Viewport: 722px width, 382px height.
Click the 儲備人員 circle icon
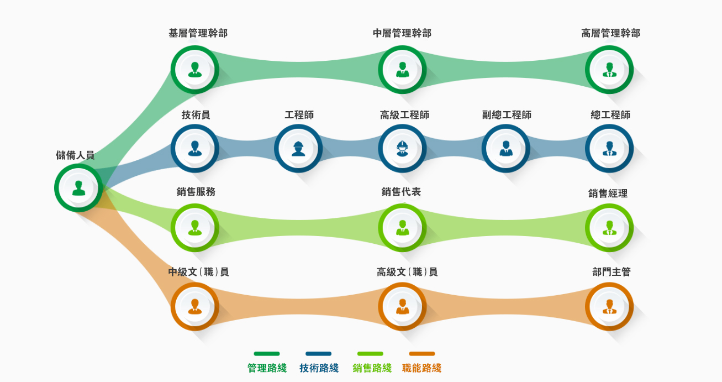click(78, 188)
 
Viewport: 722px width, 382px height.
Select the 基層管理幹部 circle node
click(194, 70)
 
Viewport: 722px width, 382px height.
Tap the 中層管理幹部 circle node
click(402, 70)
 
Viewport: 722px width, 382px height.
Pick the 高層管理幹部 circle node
click(609, 70)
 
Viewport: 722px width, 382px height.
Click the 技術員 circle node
click(194, 149)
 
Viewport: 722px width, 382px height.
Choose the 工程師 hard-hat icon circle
click(298, 149)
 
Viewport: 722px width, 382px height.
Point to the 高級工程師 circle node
click(402, 149)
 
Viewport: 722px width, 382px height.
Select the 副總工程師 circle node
click(505, 149)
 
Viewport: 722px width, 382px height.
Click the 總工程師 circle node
click(609, 149)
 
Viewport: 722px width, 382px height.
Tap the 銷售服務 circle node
click(194, 228)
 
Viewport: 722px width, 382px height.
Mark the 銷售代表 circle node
click(402, 228)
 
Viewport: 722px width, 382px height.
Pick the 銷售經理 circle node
click(609, 228)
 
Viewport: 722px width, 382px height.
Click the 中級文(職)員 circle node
click(194, 307)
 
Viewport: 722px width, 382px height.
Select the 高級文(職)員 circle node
click(402, 307)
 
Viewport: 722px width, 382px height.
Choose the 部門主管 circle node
click(609, 307)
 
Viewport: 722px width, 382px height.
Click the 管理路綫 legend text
click(267, 368)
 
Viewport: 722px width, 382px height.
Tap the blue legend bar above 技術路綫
click(318, 354)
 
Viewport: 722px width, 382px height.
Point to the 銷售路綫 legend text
click(372, 368)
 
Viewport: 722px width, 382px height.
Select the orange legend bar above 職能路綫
click(422, 354)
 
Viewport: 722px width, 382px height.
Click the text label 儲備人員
click(75, 155)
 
